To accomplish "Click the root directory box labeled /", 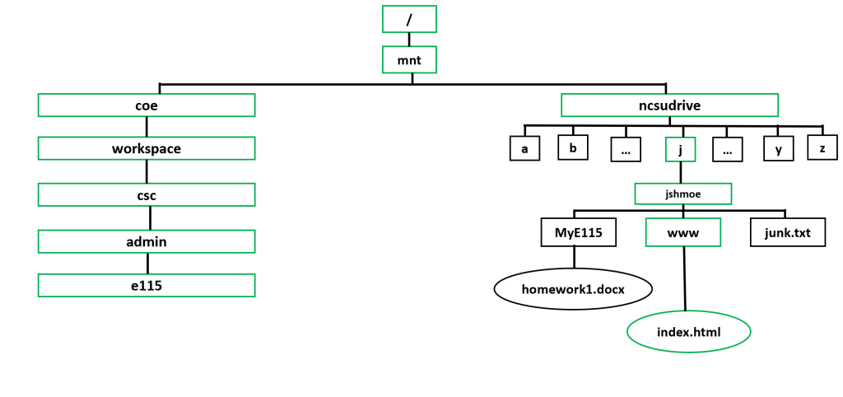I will [x=409, y=18].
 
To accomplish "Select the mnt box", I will [x=409, y=59].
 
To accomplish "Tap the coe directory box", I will [x=147, y=105].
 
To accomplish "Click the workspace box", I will [x=147, y=149].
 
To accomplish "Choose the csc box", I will [x=147, y=195].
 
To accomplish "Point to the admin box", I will [x=147, y=241].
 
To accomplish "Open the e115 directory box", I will [x=147, y=285].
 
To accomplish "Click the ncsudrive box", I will [x=669, y=105].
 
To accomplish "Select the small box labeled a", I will [x=524, y=148].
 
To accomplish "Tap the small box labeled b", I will [x=573, y=147].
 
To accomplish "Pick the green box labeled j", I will [x=680, y=149].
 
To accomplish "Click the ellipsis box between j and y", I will [x=728, y=149].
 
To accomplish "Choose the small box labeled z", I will [x=822, y=147].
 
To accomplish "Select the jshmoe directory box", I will [x=682, y=193].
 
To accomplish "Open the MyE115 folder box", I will [x=578, y=232].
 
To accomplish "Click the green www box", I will [x=683, y=232].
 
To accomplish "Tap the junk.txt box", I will [x=788, y=232].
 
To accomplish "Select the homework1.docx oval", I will [x=573, y=288].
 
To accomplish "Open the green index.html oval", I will [x=688, y=331].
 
